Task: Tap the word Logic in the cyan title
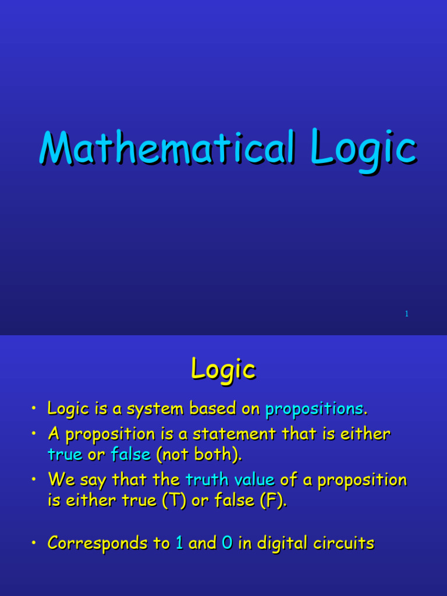coord(363,148)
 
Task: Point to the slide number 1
coord(407,314)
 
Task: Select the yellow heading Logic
coord(223,370)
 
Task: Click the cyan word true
coord(65,455)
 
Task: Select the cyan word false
coord(131,455)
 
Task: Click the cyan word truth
coord(207,480)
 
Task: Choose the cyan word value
coord(254,480)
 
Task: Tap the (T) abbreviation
coord(176,501)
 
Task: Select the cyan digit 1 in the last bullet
coord(179,544)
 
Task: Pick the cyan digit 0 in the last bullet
coord(227,544)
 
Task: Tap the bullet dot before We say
coord(35,480)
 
